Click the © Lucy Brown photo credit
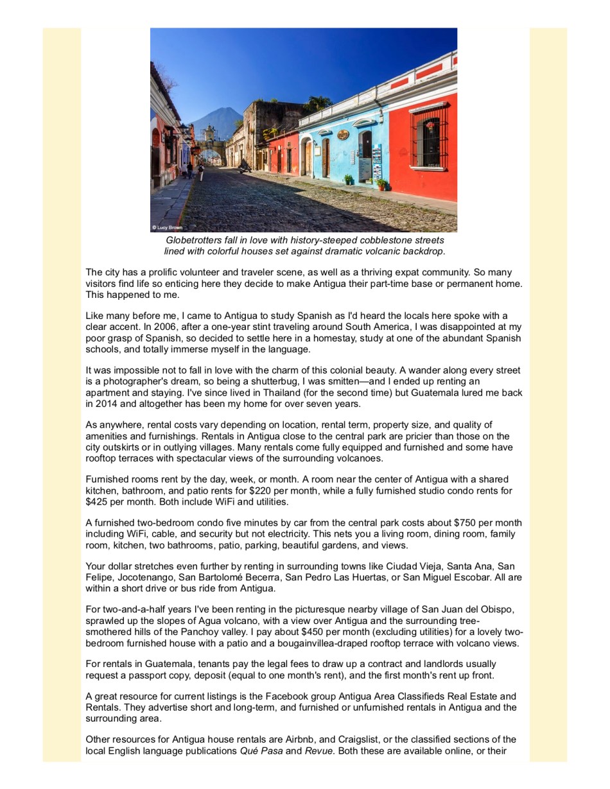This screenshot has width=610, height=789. point(167,227)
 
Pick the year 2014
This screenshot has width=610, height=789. point(106,403)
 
